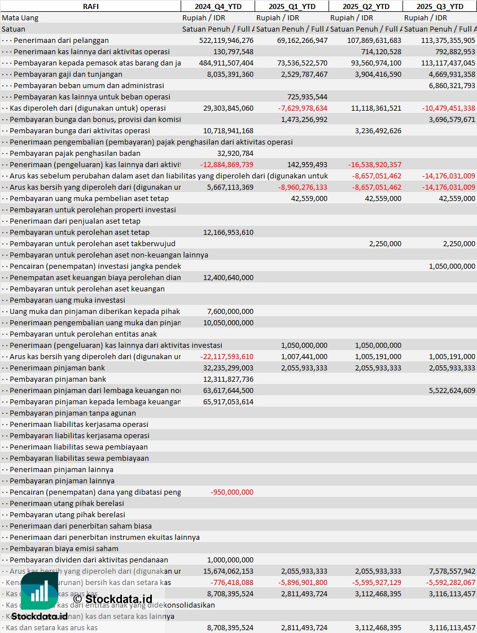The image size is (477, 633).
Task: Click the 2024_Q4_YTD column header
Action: click(217, 6)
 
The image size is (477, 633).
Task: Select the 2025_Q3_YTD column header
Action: click(440, 6)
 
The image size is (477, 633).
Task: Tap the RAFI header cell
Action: click(90, 6)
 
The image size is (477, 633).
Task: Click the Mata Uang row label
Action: click(20, 18)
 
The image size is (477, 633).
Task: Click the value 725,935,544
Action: click(307, 97)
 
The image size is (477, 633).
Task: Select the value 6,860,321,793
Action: click(452, 85)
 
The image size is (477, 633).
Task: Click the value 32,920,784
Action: click(235, 153)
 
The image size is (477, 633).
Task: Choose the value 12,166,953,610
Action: click(228, 232)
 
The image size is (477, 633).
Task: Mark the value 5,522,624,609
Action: click(452, 390)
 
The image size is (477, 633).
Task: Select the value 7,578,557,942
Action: click(452, 571)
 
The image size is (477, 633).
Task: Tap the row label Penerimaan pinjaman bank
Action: click(57, 368)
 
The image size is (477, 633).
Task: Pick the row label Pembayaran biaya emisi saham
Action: click(64, 548)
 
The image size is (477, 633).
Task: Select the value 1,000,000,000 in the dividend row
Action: click(230, 560)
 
